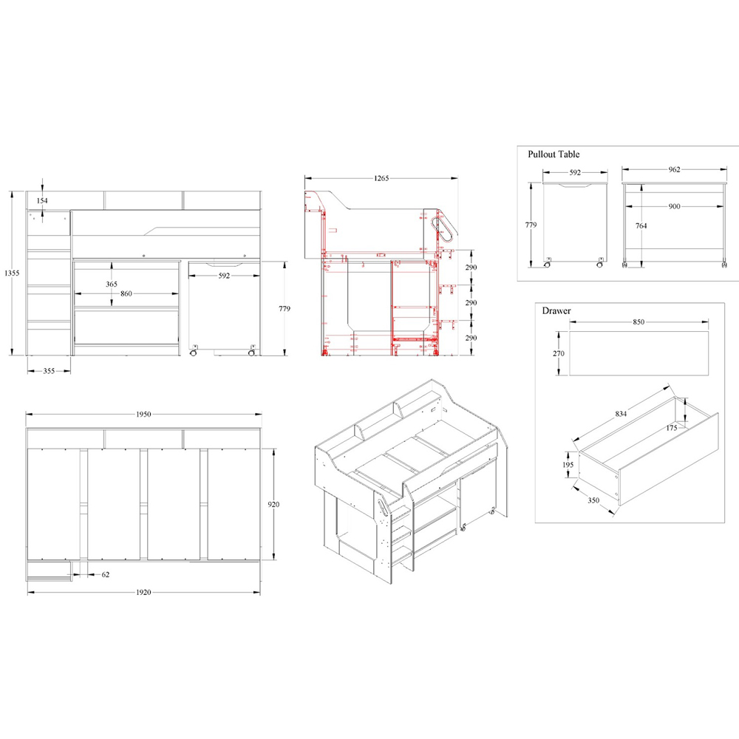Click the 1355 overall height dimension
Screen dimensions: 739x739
point(12,273)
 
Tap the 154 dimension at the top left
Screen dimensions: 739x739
point(42,201)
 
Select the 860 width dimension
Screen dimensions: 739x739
point(126,293)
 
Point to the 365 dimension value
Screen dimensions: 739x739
point(112,285)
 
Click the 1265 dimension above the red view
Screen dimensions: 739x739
point(381,178)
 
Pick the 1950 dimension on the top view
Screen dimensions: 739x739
point(144,415)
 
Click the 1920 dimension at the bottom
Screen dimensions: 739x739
point(144,593)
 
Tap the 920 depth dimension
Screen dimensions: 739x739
point(273,504)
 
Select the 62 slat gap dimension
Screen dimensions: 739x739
point(106,574)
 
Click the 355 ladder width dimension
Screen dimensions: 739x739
point(49,371)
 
